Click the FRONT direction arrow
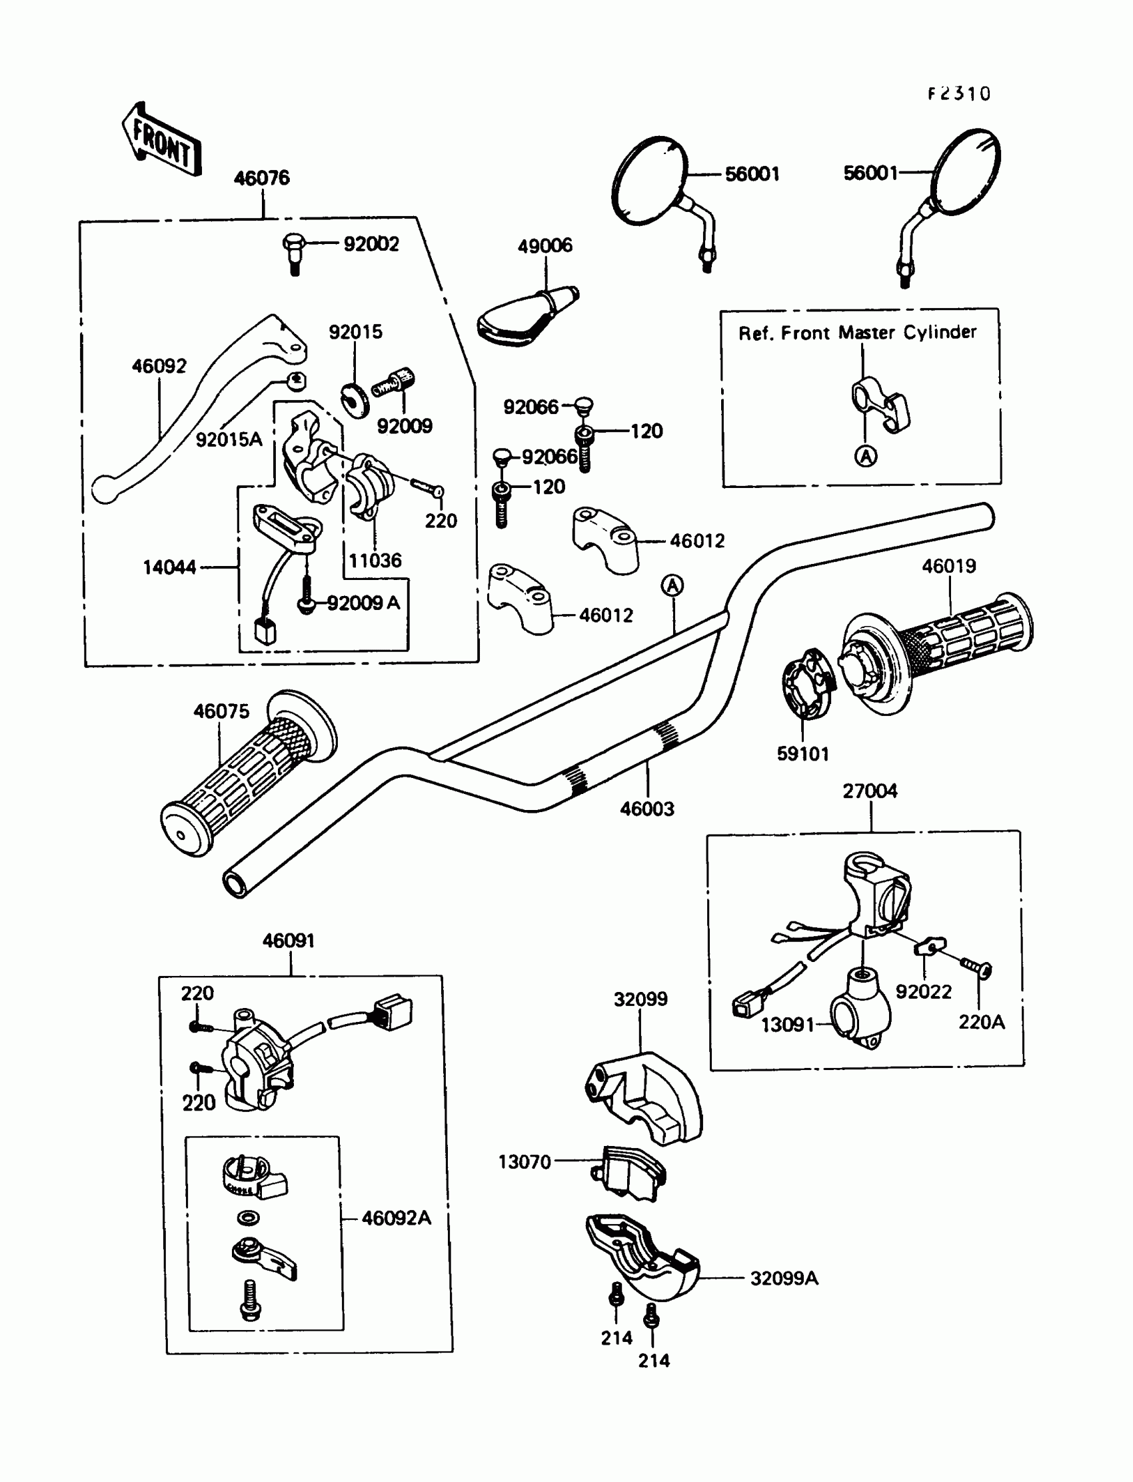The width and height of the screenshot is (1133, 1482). coord(162,140)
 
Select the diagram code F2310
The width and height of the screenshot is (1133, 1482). coord(958,94)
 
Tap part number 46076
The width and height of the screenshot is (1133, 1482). coord(262,178)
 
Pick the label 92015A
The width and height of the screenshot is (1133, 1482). coord(229,440)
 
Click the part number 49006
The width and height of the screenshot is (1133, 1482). coord(545,245)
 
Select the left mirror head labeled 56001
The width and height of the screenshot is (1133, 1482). coord(648,179)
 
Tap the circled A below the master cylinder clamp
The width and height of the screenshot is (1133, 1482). coord(866,457)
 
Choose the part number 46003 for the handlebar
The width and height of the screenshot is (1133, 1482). coord(646,808)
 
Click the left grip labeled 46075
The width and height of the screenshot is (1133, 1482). coord(243,776)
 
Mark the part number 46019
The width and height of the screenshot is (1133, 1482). coord(949,566)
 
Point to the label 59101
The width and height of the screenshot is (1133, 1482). coord(802,753)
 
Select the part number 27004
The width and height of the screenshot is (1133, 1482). coord(870,791)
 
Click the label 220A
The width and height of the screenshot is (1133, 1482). coord(982,1022)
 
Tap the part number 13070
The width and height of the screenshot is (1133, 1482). coord(524,1161)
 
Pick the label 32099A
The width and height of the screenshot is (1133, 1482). coord(784,1278)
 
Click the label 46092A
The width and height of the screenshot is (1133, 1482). coord(396,1217)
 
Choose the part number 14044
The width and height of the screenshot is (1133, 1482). coord(169,567)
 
